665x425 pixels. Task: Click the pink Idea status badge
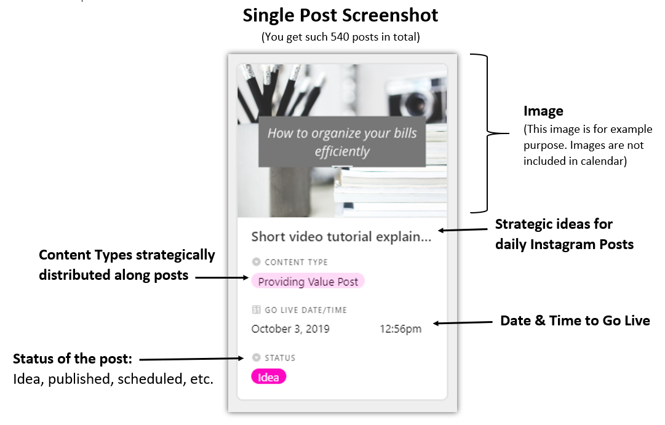click(x=268, y=376)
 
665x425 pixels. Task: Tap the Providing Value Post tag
click(x=308, y=281)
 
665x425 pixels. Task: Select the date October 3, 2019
click(x=290, y=328)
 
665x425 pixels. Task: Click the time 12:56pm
click(x=400, y=328)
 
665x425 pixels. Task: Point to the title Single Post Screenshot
click(x=340, y=15)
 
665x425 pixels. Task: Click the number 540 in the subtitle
click(x=340, y=37)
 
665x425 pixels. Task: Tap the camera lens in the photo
click(x=416, y=102)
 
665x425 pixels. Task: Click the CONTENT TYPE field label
click(x=296, y=262)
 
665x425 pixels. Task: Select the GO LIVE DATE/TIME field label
click(x=305, y=310)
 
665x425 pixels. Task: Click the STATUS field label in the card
click(x=280, y=358)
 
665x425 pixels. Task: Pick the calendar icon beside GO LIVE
click(x=256, y=309)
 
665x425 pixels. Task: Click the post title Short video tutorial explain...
click(x=341, y=237)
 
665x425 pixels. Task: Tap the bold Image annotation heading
click(x=543, y=111)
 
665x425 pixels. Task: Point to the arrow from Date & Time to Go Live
click(x=463, y=323)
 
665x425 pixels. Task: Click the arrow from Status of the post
click(x=192, y=359)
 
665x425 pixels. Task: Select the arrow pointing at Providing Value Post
click(x=222, y=277)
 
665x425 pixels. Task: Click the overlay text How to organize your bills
click(x=342, y=133)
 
